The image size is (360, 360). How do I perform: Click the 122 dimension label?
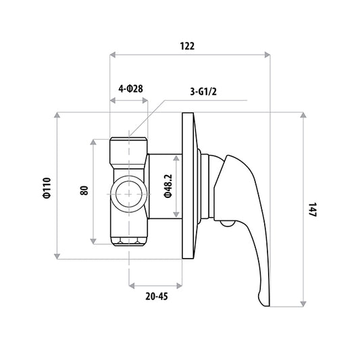187,46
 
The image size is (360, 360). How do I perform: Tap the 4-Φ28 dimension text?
130,88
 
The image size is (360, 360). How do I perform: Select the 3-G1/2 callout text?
203,92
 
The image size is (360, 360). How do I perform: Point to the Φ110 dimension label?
47,188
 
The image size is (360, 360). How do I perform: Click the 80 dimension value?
84,190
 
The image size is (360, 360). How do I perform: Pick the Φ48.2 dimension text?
168,186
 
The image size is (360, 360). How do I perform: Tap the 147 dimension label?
313,209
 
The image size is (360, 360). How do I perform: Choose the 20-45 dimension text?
157,297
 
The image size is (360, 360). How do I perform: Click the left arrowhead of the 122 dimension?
113,55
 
